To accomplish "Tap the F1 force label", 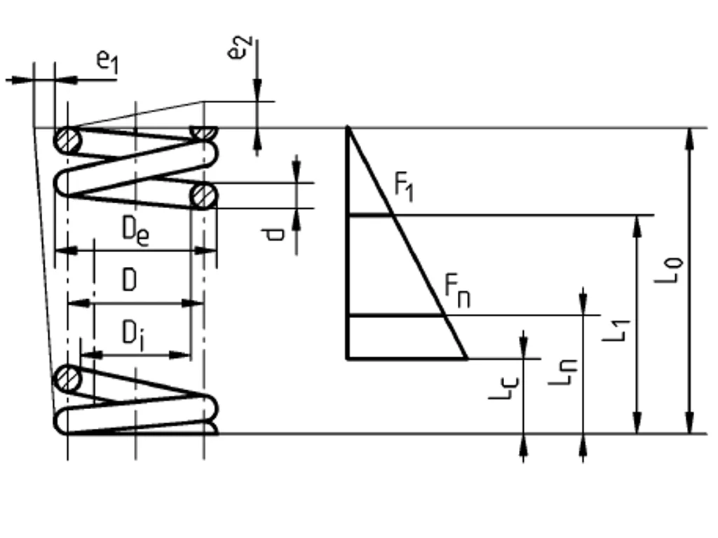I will point(404,187).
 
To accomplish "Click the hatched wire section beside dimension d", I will point(203,195).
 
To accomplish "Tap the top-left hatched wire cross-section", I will point(69,141).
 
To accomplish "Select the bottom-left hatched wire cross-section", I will point(69,379).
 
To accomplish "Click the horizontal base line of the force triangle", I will point(407,358).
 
